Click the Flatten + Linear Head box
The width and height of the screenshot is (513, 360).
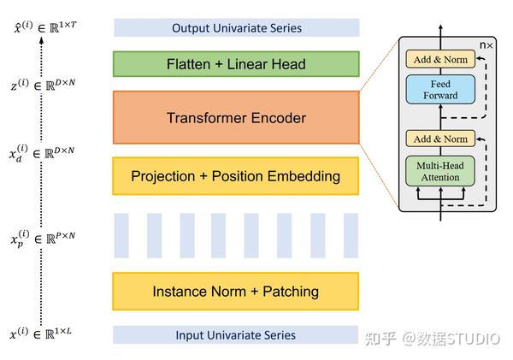point(236,63)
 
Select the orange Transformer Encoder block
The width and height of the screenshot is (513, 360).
point(236,118)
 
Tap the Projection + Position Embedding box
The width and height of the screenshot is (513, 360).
point(236,176)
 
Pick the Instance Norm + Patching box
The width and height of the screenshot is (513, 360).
point(236,292)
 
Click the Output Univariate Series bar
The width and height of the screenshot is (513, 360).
point(236,28)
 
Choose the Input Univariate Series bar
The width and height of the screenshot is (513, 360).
point(236,334)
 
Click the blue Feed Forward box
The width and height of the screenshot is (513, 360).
point(439,90)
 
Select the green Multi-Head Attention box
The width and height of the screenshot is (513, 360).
point(439,171)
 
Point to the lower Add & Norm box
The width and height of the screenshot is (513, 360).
point(439,139)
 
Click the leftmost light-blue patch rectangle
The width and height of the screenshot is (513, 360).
point(121,235)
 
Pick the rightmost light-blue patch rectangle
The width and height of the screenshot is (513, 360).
point(351,235)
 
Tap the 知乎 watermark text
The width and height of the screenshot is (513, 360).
point(379,338)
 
